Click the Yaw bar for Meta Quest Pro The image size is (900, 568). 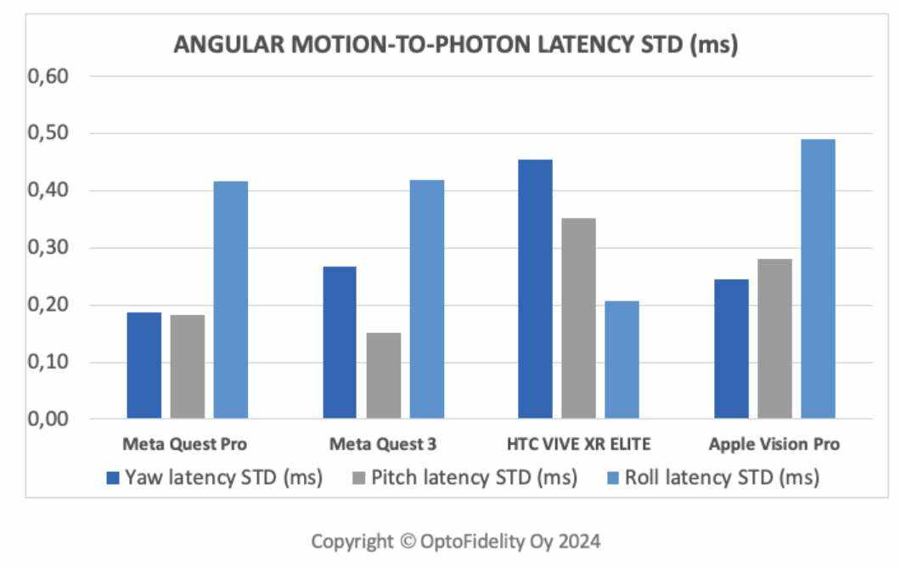point(143,365)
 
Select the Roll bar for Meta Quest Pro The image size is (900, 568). point(230,300)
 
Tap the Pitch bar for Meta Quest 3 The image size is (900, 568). point(384,375)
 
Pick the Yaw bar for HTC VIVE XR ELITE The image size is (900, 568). point(535,289)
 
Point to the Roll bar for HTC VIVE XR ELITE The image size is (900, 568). point(622,359)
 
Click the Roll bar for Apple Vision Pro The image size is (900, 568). point(818,278)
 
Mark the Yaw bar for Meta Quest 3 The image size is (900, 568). point(340,342)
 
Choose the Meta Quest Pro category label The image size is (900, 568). point(185,444)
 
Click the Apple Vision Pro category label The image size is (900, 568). point(774,444)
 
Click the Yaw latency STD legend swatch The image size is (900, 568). point(113,478)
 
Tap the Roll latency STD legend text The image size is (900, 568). point(721,478)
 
